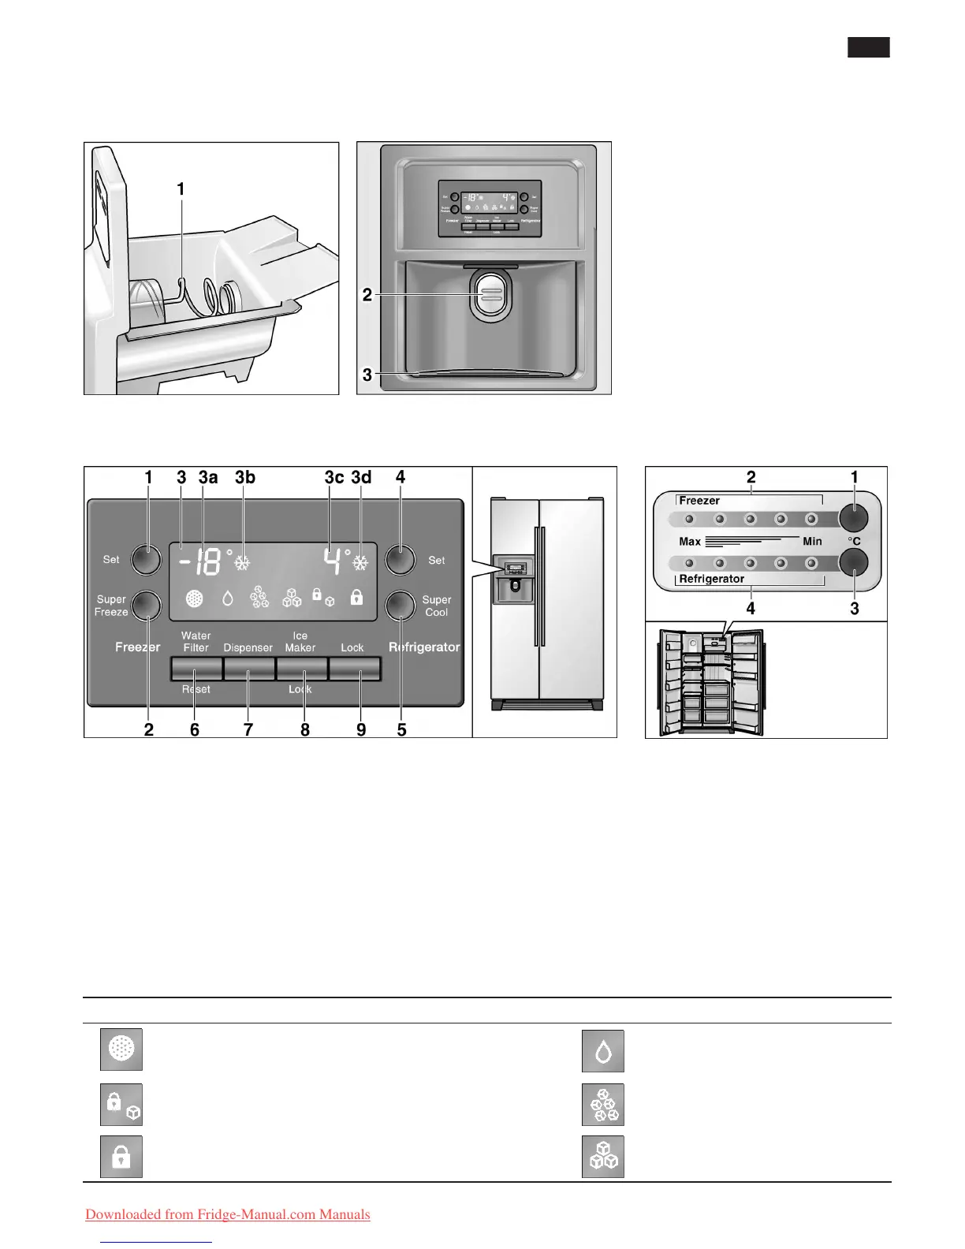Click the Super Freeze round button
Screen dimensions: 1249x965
point(146,605)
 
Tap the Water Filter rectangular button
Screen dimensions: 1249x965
point(196,669)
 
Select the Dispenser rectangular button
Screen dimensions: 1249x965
point(249,669)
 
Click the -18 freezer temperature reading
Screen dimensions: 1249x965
point(199,562)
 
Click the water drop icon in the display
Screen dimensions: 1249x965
point(228,598)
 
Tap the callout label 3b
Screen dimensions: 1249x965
point(245,477)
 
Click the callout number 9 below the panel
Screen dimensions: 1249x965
point(361,729)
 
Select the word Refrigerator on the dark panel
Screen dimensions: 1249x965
point(424,647)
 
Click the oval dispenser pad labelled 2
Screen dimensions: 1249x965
point(490,295)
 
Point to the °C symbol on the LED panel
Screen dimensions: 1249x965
point(854,542)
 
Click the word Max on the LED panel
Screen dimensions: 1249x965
point(690,542)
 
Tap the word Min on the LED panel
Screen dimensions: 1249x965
point(812,542)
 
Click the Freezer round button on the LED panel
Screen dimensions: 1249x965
point(853,518)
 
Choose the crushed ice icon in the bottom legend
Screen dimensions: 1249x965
point(603,1105)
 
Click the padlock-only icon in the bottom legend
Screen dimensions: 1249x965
point(121,1157)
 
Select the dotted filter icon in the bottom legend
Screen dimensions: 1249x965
point(121,1050)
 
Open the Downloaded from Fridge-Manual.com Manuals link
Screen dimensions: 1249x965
point(228,1214)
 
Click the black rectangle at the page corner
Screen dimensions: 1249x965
point(869,47)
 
